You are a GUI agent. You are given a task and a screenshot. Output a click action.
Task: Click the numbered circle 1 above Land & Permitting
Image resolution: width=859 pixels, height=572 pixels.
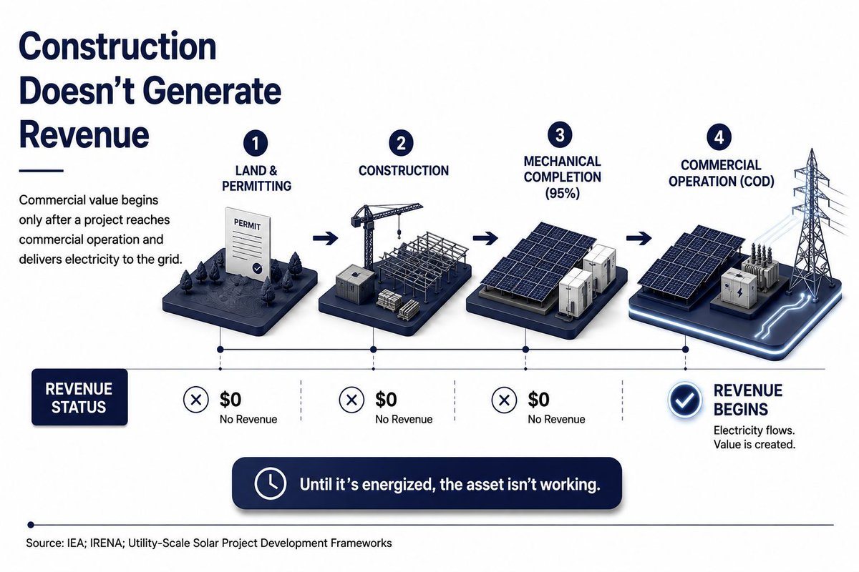click(x=256, y=144)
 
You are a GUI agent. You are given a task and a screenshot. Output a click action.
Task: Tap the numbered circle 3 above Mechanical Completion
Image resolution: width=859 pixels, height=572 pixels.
click(x=560, y=135)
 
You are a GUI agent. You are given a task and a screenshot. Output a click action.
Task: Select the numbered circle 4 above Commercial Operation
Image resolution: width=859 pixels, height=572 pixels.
click(x=719, y=137)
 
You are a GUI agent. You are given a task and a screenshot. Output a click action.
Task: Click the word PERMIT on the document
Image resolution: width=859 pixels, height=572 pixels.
click(x=248, y=225)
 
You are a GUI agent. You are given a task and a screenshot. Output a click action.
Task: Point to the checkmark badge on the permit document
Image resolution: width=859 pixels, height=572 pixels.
click(x=257, y=269)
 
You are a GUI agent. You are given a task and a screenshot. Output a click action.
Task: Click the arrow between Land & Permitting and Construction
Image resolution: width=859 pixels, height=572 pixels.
click(x=325, y=239)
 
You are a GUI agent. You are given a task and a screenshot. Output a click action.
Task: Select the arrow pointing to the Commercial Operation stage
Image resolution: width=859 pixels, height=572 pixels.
click(x=639, y=238)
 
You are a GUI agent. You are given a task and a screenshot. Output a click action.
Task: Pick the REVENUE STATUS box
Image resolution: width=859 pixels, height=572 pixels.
click(x=79, y=398)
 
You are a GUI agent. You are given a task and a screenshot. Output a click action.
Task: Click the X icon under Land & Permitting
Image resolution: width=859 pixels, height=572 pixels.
click(x=196, y=400)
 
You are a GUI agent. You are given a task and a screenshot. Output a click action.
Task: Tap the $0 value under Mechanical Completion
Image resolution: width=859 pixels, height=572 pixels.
click(x=538, y=399)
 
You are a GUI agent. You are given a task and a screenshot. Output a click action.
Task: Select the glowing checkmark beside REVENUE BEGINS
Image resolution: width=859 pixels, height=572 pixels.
click(x=685, y=400)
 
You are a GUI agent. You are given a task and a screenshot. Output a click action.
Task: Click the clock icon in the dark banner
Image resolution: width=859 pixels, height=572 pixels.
click(x=271, y=483)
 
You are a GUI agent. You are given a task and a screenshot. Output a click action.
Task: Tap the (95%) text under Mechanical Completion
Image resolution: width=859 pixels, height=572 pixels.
click(x=562, y=193)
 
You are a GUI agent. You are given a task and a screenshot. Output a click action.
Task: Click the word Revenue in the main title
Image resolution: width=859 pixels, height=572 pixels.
click(x=84, y=134)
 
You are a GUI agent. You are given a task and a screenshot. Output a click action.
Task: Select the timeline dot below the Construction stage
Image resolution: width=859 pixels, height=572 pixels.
click(x=373, y=350)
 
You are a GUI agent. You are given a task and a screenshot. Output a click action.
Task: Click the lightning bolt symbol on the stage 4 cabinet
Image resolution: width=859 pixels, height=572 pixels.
click(x=739, y=292)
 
